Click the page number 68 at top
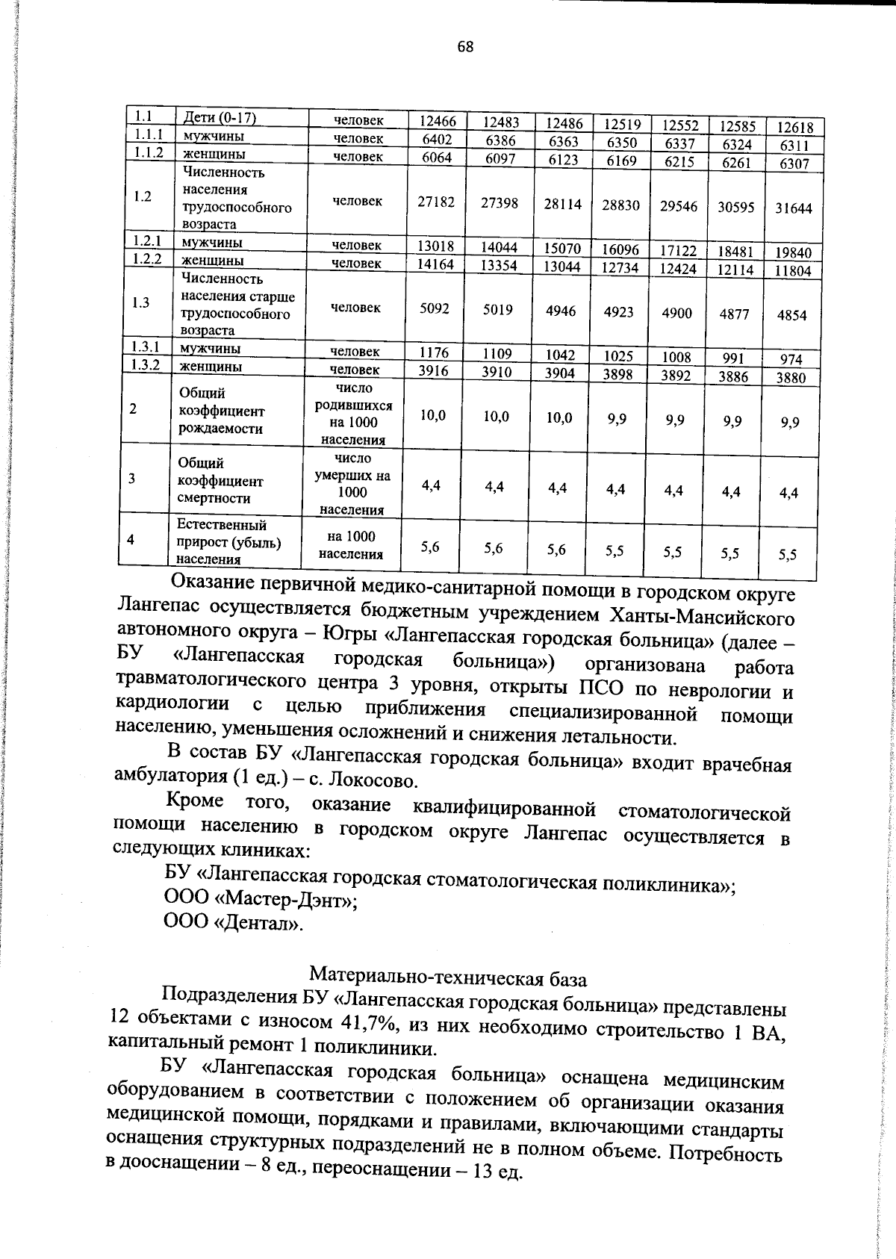click(465, 47)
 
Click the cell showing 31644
click(792, 209)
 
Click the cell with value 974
click(791, 360)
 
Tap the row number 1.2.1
click(147, 241)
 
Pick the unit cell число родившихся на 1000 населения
click(354, 414)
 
